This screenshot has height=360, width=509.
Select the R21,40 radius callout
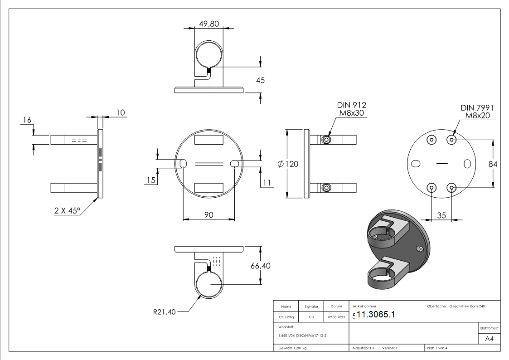click(164, 311)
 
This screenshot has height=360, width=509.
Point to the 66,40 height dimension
click(260, 266)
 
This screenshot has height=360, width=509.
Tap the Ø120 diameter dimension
click(288, 164)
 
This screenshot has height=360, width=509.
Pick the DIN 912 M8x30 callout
click(350, 109)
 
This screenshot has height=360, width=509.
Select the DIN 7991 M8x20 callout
click(477, 112)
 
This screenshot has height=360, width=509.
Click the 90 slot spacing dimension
click(208, 214)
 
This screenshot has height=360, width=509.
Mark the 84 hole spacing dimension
click(493, 164)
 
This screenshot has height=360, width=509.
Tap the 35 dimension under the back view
click(441, 215)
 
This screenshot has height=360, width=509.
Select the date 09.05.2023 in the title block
click(336, 317)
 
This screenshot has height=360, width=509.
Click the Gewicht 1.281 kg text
click(293, 348)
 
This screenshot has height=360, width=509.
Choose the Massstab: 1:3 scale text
click(363, 348)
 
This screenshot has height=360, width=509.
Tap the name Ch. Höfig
click(286, 317)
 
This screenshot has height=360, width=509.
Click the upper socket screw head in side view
click(326, 140)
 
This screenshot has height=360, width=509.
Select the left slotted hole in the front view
click(183, 164)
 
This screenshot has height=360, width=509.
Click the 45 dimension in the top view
click(260, 80)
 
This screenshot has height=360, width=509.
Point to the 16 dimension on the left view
click(27, 120)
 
